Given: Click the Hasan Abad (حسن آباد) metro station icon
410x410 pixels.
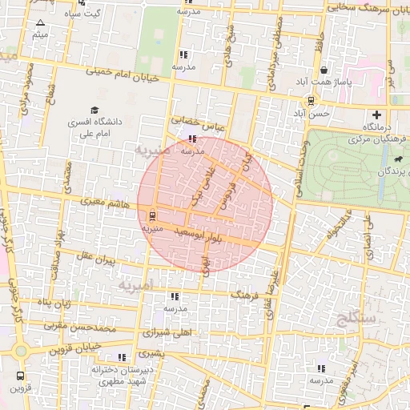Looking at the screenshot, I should (310, 101).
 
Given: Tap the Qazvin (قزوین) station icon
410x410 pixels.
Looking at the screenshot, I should (19, 376).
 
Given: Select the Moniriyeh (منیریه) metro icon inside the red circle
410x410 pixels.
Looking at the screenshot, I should (152, 215).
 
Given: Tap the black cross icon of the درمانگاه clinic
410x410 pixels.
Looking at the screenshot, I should (376, 115).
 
